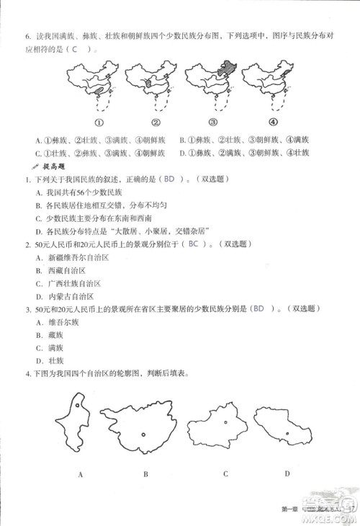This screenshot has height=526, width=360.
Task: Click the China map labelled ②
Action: pyautogui.click(x=152, y=83)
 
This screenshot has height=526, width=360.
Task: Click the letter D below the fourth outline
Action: pyautogui.click(x=287, y=473)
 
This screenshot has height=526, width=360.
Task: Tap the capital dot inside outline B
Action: pyautogui.click(x=144, y=434)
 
